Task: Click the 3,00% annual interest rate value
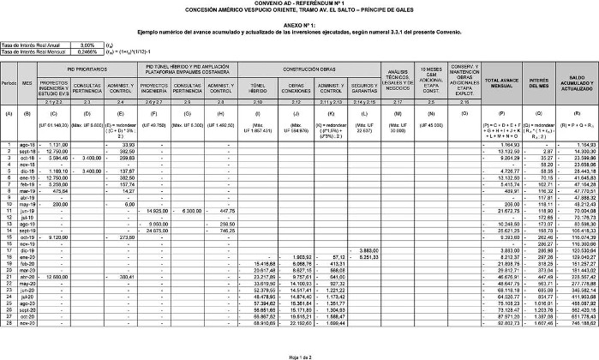pos(87,44)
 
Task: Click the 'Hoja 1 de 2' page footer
pos(299,356)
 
